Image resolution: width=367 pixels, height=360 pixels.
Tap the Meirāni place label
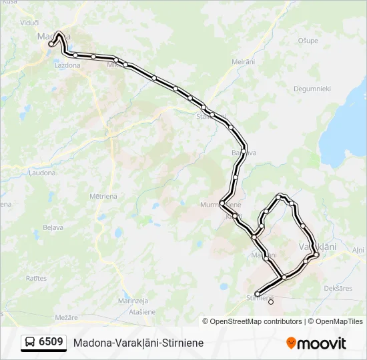[x=243, y=61]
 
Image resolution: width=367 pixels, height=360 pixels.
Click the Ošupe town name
[x=308, y=41]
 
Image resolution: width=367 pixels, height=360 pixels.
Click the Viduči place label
[x=29, y=22]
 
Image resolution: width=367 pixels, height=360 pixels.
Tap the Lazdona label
[x=67, y=65]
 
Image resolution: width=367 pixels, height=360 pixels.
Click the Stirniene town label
[x=261, y=297]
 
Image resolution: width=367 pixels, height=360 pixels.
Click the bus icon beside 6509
[x=30, y=343]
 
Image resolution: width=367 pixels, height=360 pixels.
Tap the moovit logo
[x=316, y=343]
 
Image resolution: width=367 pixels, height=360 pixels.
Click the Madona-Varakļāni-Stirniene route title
[x=139, y=343]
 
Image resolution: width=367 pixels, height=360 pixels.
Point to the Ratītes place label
[x=36, y=277]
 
